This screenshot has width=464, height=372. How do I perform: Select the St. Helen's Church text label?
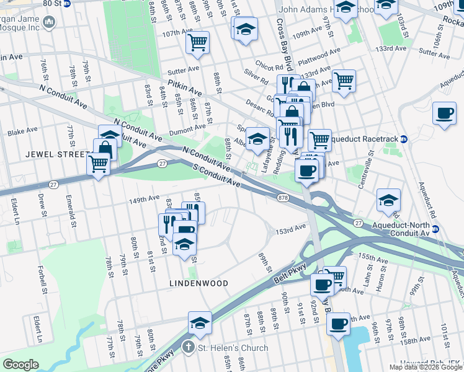[x=233, y=348]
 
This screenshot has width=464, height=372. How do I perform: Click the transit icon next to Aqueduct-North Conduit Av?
[x=435, y=229]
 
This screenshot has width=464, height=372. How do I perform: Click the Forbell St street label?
[x=43, y=280]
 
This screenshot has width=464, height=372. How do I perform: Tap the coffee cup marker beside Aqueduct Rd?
[x=445, y=114]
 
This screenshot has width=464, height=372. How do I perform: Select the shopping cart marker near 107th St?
[x=197, y=43]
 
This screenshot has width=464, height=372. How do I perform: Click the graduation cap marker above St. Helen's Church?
[x=200, y=323]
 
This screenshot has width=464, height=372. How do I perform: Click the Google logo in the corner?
[x=21, y=365]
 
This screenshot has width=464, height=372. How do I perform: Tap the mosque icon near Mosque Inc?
[x=48, y=23]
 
